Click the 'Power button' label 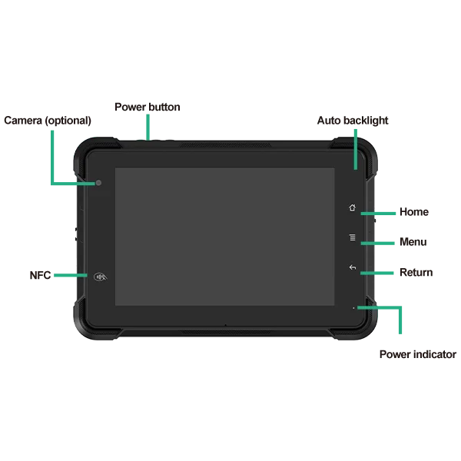tap(148, 107)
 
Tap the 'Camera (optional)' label tap(48, 121)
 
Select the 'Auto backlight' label tap(353, 121)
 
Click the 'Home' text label tap(414, 212)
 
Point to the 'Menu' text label tap(413, 242)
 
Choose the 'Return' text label tap(416, 272)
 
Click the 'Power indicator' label tap(418, 354)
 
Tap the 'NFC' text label tap(40, 276)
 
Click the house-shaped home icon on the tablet tap(352, 207)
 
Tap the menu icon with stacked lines tap(353, 237)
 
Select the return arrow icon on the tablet tap(353, 267)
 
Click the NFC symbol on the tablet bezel tap(100, 277)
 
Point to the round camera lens tap(98, 183)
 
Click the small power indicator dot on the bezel tap(353, 308)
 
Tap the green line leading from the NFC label tap(71, 275)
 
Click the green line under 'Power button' tap(148, 128)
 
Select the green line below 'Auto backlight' tap(356, 149)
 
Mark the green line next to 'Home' tap(378, 214)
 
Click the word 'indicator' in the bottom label tap(436, 354)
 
